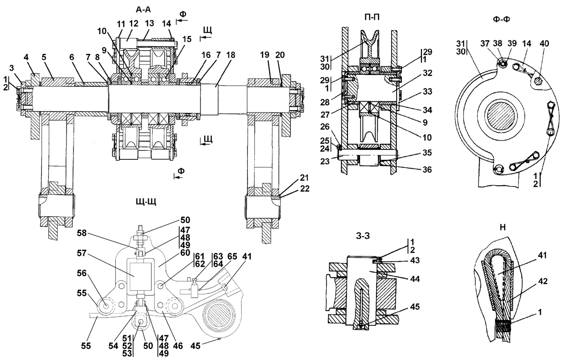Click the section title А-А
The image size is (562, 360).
click(143, 9)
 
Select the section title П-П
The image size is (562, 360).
click(372, 17)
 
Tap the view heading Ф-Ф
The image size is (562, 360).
click(501, 19)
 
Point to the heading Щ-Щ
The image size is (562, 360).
click(146, 202)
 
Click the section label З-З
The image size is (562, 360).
click(363, 236)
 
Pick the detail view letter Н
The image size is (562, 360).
click(503, 227)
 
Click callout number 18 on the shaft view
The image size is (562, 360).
click(230, 55)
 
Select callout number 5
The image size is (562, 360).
click(44, 57)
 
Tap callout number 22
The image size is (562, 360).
click(304, 188)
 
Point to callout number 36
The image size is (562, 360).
click(427, 170)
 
